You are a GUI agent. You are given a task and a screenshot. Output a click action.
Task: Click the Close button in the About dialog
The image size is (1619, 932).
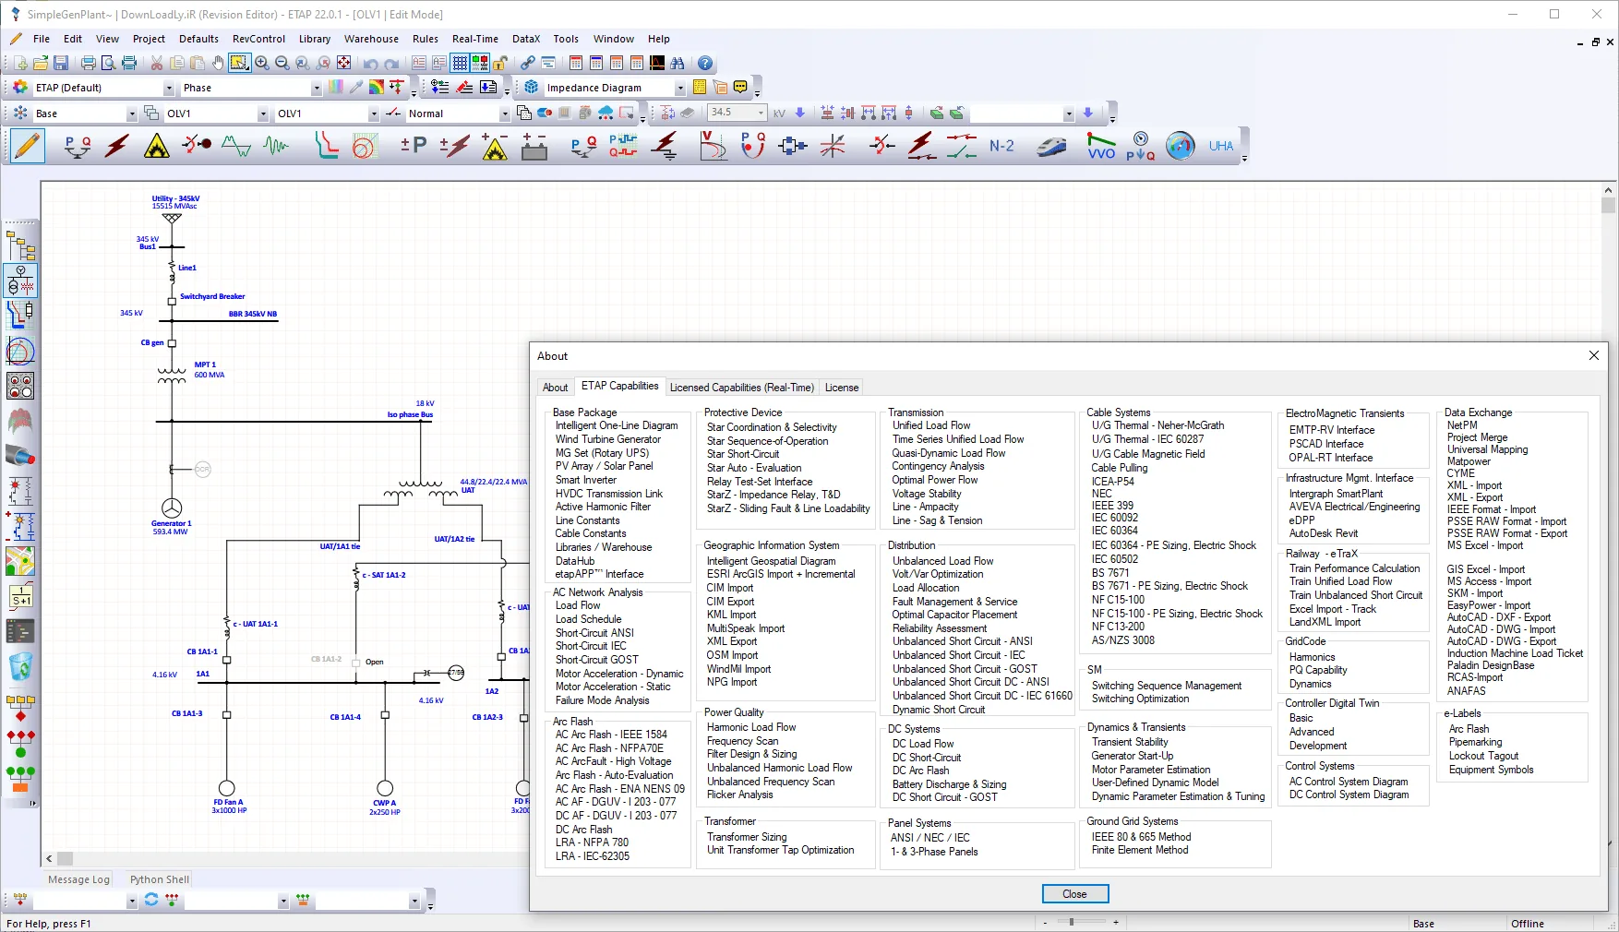click(1074, 894)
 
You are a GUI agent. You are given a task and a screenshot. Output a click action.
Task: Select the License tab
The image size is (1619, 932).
click(841, 388)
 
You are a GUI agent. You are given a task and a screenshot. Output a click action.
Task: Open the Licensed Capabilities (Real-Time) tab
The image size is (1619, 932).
click(741, 388)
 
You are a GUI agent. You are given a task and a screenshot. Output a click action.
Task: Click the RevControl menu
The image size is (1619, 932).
click(258, 39)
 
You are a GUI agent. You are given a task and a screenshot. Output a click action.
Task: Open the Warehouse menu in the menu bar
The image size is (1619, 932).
click(371, 39)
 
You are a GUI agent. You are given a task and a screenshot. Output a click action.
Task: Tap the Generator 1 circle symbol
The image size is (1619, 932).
click(172, 508)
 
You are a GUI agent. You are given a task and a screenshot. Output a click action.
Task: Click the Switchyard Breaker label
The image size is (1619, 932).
click(212, 297)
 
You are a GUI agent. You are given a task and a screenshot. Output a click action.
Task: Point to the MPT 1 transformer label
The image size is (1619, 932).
click(205, 364)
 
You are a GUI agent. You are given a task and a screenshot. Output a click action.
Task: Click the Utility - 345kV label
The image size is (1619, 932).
click(175, 198)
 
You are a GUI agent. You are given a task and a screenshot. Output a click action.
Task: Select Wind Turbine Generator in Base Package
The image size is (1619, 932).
click(607, 439)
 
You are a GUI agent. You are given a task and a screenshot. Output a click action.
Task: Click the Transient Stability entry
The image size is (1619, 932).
click(1130, 742)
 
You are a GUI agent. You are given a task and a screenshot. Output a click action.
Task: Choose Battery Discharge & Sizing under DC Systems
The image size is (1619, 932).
click(949, 784)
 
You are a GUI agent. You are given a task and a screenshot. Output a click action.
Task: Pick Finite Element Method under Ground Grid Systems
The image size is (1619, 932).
click(1140, 850)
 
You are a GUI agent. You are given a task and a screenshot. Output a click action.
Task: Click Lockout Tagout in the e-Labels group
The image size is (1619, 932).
click(1483, 756)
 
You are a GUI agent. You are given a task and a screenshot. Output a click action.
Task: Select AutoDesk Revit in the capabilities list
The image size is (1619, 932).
click(1323, 533)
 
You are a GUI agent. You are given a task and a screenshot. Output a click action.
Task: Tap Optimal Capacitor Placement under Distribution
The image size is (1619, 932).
click(954, 615)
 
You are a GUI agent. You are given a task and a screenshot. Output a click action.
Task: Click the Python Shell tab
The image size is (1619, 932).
click(160, 879)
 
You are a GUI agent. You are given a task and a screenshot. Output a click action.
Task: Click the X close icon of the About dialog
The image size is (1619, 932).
click(1593, 355)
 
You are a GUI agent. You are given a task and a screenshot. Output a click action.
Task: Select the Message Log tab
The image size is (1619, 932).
click(78, 879)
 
